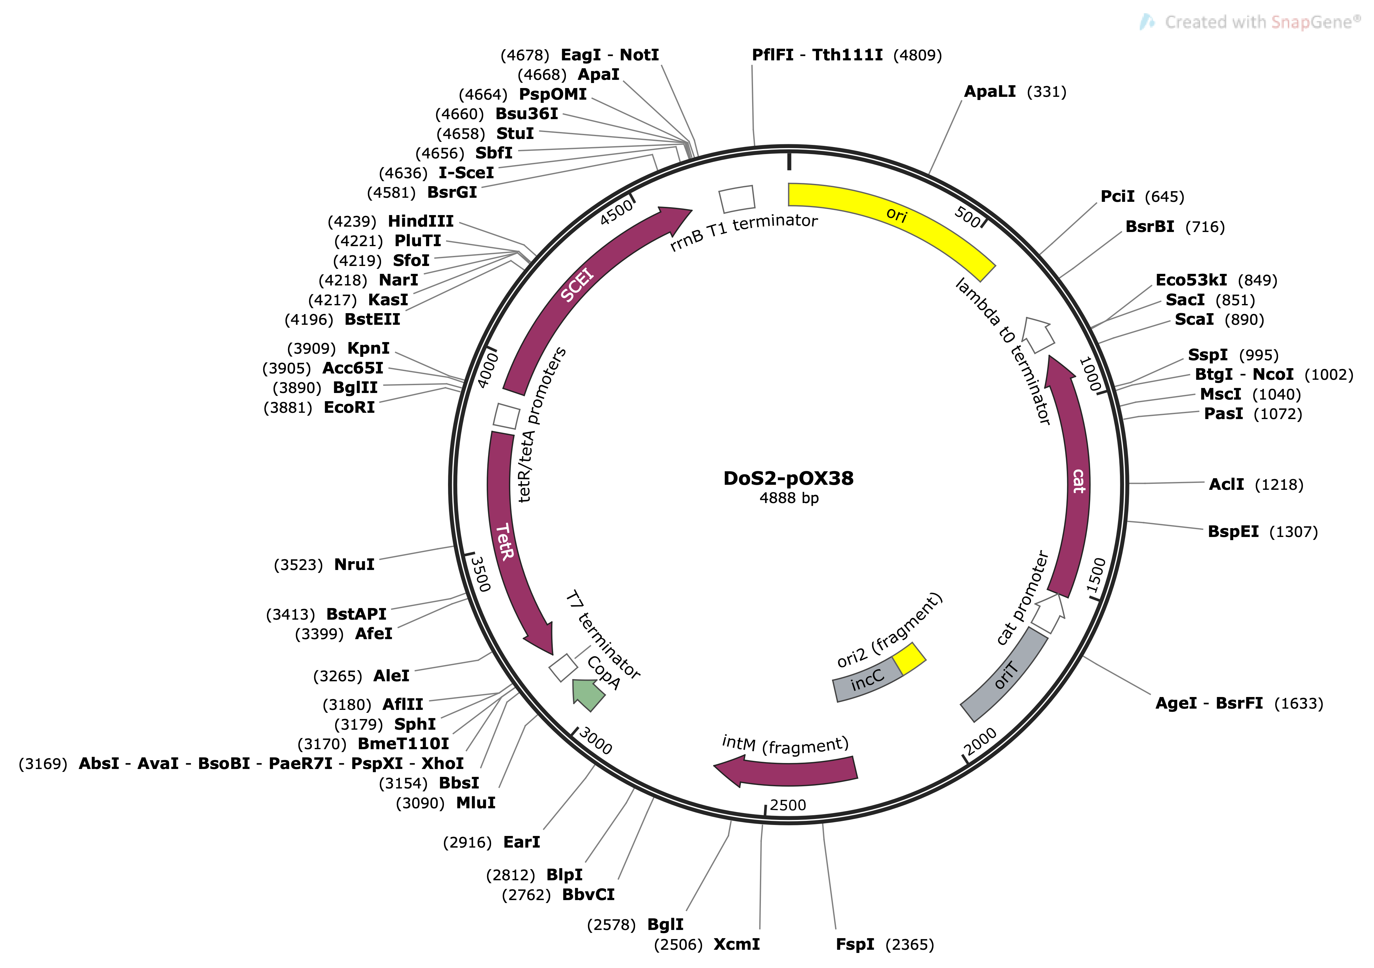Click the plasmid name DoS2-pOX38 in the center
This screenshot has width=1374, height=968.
788,478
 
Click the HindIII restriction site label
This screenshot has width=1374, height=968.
421,221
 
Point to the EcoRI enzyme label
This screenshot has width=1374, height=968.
349,407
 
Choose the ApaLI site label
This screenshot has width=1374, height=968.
990,91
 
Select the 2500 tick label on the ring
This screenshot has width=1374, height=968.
788,805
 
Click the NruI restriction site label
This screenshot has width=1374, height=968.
354,565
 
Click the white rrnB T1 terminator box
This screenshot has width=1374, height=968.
737,199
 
